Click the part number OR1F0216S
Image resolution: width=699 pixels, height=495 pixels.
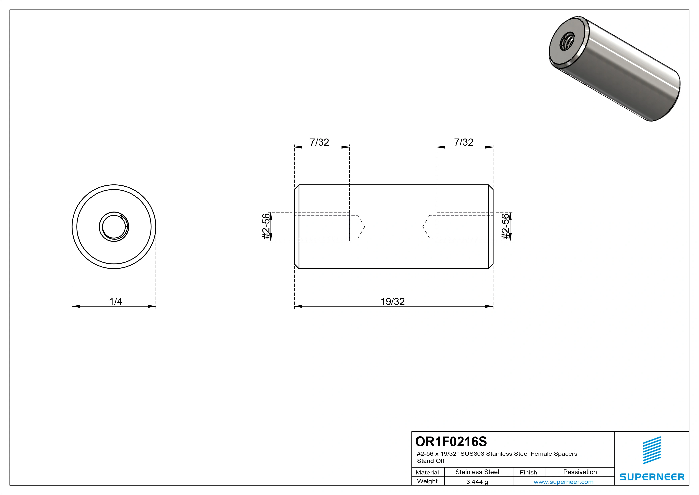[451, 441]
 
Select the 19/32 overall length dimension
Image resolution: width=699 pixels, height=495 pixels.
[392, 301]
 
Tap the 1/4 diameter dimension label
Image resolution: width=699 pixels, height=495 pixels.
[116, 301]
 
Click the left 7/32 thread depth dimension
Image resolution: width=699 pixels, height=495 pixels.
[319, 142]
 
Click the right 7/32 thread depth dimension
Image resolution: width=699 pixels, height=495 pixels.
[464, 142]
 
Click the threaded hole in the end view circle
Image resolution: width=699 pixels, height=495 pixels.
[114, 227]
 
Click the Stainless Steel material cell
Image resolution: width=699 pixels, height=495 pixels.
[477, 472]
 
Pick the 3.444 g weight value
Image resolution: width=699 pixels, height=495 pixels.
[477, 482]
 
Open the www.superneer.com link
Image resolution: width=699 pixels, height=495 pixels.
[563, 482]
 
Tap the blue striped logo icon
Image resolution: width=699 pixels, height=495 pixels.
[652, 450]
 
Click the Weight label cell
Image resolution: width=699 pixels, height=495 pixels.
[427, 481]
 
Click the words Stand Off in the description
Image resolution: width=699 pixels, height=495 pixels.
[431, 461]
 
